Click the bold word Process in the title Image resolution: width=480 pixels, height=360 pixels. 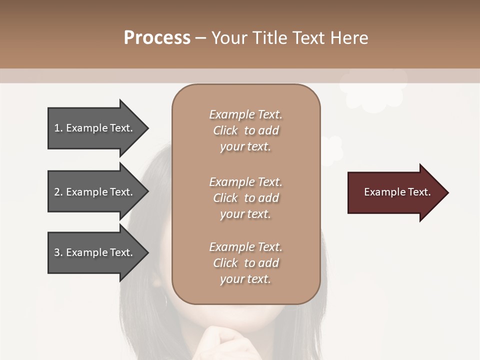coord(157,38)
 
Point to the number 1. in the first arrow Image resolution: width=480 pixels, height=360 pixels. coord(58,128)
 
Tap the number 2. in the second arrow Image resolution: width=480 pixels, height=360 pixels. coord(58,192)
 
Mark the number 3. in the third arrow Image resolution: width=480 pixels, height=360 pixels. coord(58,252)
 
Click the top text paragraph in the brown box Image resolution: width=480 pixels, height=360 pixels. coord(245,130)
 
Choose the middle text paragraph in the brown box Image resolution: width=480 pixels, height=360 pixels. coord(245,198)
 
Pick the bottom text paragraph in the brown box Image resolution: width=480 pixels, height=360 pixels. coord(245,263)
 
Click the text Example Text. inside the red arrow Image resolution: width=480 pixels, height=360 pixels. coord(397,192)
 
